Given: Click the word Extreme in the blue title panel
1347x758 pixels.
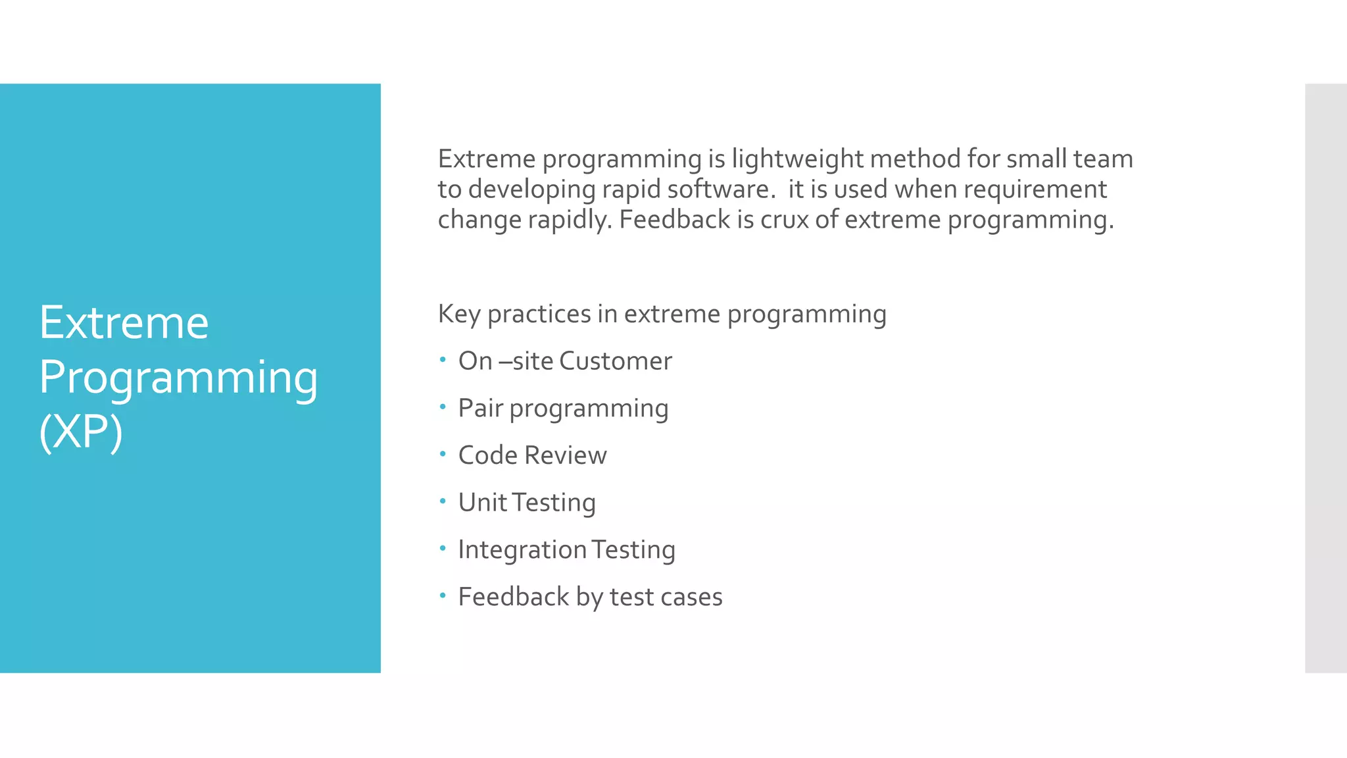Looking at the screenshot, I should coord(124,323).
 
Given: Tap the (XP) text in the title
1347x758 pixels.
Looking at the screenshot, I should coord(80,432).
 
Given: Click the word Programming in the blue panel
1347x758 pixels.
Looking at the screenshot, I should coord(178,378).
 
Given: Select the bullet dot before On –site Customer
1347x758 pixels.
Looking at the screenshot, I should coord(443,359).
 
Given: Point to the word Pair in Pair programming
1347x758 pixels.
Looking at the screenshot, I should coord(480,408).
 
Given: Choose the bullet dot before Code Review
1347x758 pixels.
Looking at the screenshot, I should coord(443,454).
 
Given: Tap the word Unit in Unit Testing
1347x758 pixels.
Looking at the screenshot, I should coord(482,503).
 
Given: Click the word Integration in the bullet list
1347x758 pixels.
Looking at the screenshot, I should coord(522,550).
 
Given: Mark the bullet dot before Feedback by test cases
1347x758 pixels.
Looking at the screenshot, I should coord(443,595).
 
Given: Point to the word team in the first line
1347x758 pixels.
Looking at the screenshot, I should coord(1102,159).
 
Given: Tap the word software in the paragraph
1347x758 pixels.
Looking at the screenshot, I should coord(717,189).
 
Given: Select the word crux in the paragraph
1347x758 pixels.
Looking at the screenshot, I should coord(784,220).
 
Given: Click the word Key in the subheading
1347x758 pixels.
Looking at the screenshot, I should coord(458,315).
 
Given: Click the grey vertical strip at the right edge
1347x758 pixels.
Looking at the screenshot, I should coord(1325,378).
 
